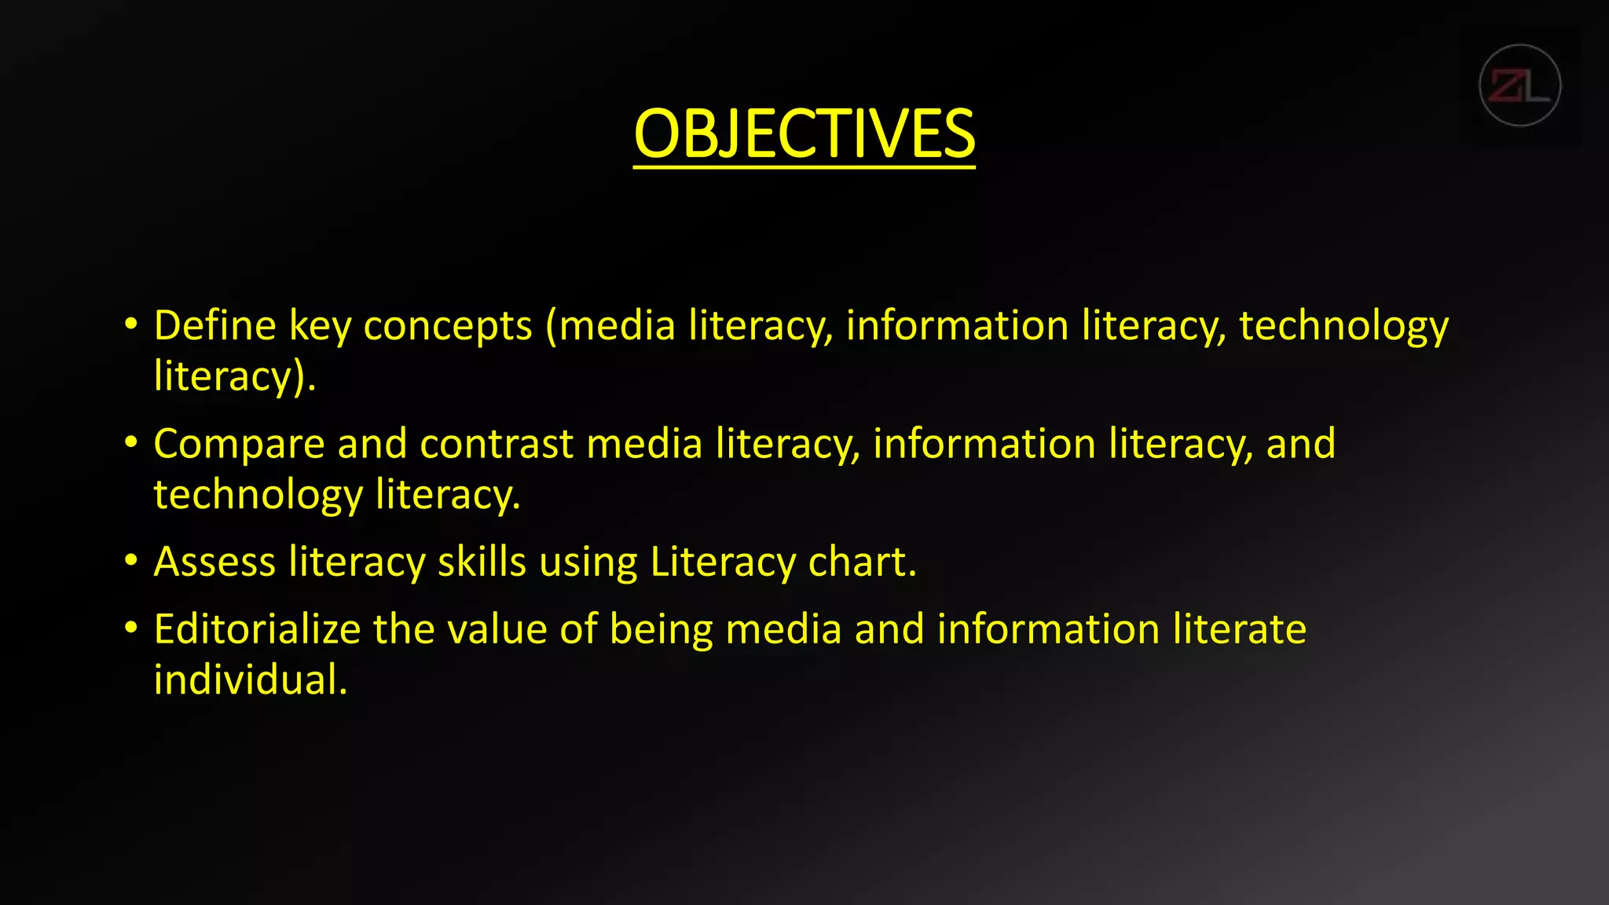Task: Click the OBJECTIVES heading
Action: pos(804,134)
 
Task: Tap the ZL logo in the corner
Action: pos(1519,86)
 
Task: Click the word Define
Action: pos(214,325)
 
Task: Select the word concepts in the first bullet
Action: pos(448,327)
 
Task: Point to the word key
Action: pos(320,327)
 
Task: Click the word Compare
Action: pos(239,445)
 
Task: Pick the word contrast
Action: pos(497,445)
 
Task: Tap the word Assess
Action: pos(214,562)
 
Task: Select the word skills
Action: pos(482,562)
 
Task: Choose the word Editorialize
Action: pos(257,629)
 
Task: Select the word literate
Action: pos(1239,629)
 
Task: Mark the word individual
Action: pos(250,680)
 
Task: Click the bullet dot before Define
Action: pos(131,324)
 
